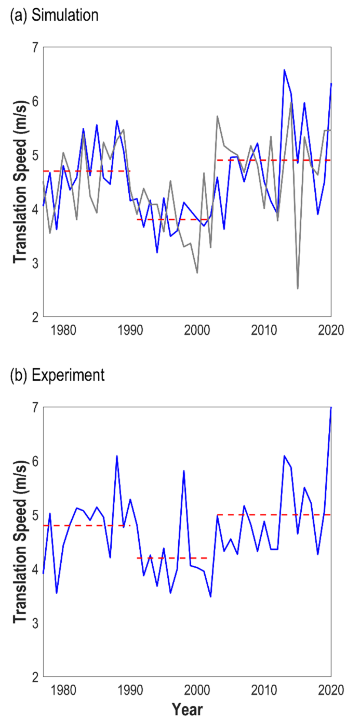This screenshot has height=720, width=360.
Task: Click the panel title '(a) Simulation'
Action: point(54,16)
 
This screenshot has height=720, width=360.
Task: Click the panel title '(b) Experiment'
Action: point(57,375)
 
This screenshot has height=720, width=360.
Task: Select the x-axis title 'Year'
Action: point(188,709)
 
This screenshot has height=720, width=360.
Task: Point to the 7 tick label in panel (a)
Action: point(35,48)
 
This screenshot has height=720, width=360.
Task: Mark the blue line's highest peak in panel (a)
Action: point(284,70)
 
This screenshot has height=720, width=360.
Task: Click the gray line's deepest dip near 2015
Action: point(298,288)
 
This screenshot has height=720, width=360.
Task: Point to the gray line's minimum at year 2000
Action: point(197,273)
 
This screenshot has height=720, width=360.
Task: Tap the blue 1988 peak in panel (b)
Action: point(117,456)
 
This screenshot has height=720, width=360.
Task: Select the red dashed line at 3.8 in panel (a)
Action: point(171,219)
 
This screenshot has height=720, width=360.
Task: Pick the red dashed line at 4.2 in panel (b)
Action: point(171,558)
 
